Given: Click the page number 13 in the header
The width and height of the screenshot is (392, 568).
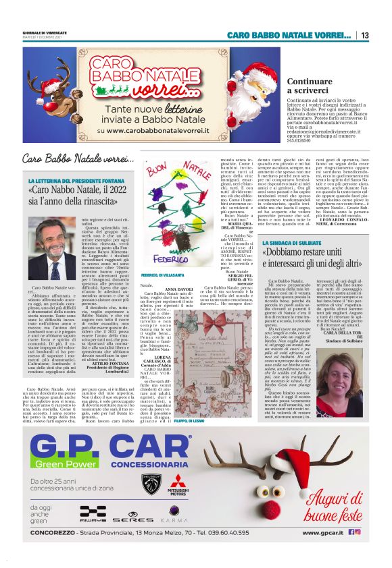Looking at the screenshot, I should tap(364, 35).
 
